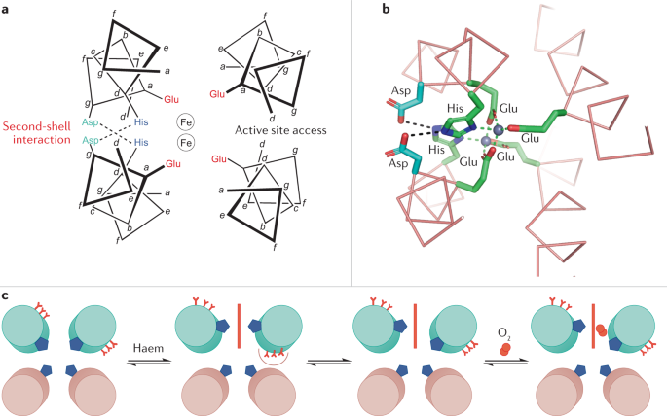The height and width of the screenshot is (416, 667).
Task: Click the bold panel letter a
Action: pyautogui.click(x=6, y=8)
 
